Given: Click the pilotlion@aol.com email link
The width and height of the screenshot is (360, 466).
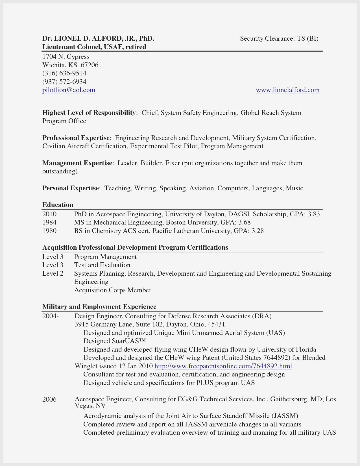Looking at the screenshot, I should coord(69,90).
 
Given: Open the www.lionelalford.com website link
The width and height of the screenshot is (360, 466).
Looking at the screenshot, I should coord(287,90).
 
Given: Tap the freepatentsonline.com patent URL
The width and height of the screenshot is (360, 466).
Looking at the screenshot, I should coord(223,366).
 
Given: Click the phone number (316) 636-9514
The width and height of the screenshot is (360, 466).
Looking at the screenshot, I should coord(64,73).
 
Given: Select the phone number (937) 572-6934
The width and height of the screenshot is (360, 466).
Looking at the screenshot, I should coord(64,82).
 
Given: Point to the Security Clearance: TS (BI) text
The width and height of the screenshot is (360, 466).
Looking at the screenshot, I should coord(279,38).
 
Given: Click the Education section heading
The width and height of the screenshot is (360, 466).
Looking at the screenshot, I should coord(58,205).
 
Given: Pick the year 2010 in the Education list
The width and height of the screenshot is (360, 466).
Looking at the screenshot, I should coord(49,214).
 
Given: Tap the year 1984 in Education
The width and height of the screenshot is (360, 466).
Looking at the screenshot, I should coord(49,223).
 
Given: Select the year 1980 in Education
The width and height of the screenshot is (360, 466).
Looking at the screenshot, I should coord(49,231).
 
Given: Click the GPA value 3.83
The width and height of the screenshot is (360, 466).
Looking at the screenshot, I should coord(314,214).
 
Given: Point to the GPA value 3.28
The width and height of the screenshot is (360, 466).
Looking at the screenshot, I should coord(258,231).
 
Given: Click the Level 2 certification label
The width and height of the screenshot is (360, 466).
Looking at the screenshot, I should coord(53,273).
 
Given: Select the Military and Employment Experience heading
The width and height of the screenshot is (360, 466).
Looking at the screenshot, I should coord(99,307).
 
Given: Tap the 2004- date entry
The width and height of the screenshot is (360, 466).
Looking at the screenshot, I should coord(51,316).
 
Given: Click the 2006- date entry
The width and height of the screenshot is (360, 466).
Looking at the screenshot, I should coord(51,399).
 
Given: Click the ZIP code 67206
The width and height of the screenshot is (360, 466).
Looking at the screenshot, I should coord(90,65).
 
